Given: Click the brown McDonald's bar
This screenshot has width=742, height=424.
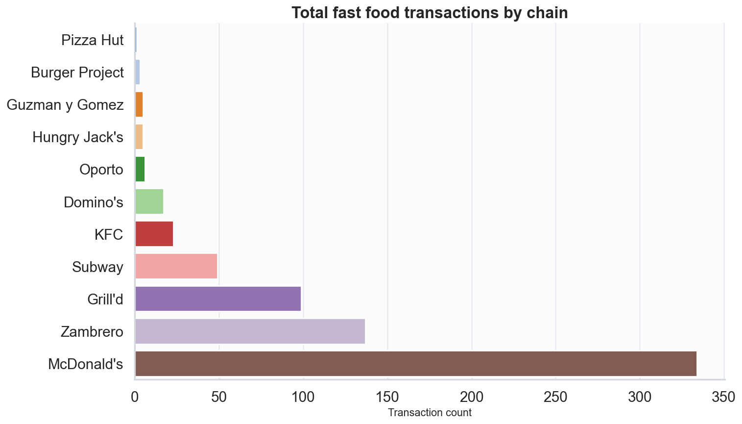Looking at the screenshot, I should pos(415,364).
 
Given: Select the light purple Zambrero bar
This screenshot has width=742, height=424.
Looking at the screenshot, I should pos(250,331).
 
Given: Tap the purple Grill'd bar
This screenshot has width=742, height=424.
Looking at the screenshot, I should pos(218,299).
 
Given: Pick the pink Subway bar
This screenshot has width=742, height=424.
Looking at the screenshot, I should pos(176,266).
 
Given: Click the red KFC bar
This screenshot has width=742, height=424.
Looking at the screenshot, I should pos(154,234).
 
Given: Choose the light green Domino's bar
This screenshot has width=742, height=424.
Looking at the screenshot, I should pos(149,201).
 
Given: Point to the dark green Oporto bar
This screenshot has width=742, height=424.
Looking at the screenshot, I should pos(140,169).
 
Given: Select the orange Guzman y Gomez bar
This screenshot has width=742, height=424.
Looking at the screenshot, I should pos(139,104).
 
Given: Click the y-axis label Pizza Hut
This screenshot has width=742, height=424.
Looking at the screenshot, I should pos(92,40).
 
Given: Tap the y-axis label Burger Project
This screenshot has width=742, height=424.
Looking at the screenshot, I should pos(77,73).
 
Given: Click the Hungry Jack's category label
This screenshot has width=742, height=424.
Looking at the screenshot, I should pos(77,137).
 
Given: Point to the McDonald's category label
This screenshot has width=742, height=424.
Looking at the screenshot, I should pos(85,364).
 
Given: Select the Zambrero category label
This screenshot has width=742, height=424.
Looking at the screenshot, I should pos(92,332).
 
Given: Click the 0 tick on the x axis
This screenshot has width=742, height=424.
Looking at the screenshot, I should pos(135,397).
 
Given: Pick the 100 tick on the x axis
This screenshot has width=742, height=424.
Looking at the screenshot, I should pos(303,397).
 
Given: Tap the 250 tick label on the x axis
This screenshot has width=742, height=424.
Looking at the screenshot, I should pos(555,397).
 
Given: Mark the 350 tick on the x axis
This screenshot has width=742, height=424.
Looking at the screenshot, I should pos(724,397).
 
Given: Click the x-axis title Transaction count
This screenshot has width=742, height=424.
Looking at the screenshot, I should pos(430,413).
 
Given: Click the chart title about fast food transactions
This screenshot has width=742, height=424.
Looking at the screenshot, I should pos(430,12).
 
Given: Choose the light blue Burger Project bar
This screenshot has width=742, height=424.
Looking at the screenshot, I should pos(138,72).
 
